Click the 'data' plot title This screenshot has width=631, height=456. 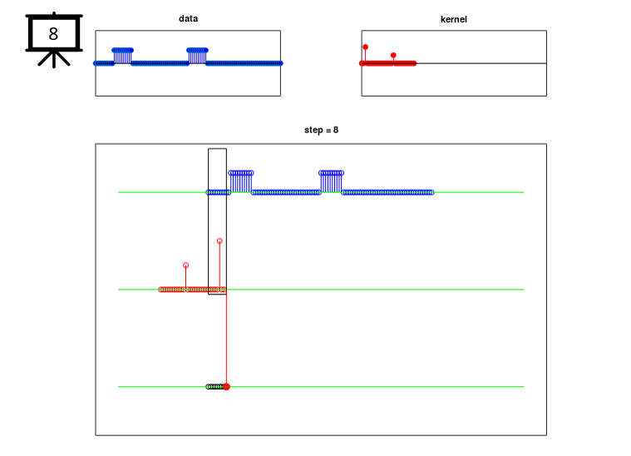188,18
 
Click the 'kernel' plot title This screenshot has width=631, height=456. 454,19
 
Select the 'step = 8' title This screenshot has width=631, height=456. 321,130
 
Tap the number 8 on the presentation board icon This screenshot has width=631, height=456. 53,34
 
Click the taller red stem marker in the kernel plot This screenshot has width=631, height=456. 366,47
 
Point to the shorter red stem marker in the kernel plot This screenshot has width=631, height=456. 393,55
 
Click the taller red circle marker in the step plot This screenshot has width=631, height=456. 219,240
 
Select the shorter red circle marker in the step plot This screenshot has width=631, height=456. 185,265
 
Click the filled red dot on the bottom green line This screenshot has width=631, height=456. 227,387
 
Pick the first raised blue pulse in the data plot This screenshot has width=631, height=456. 123,56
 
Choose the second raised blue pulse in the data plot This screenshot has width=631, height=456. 197,56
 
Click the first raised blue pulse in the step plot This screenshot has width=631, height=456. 241,181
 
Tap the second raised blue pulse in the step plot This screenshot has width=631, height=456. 331,181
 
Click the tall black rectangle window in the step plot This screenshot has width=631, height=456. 209,221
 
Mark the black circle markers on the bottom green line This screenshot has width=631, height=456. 215,387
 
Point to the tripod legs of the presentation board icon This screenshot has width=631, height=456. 54,59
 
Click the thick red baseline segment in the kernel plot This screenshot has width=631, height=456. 388,63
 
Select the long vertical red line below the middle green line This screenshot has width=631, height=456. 226,338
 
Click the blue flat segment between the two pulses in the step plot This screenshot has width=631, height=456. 286,192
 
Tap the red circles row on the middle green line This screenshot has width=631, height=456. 192,290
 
